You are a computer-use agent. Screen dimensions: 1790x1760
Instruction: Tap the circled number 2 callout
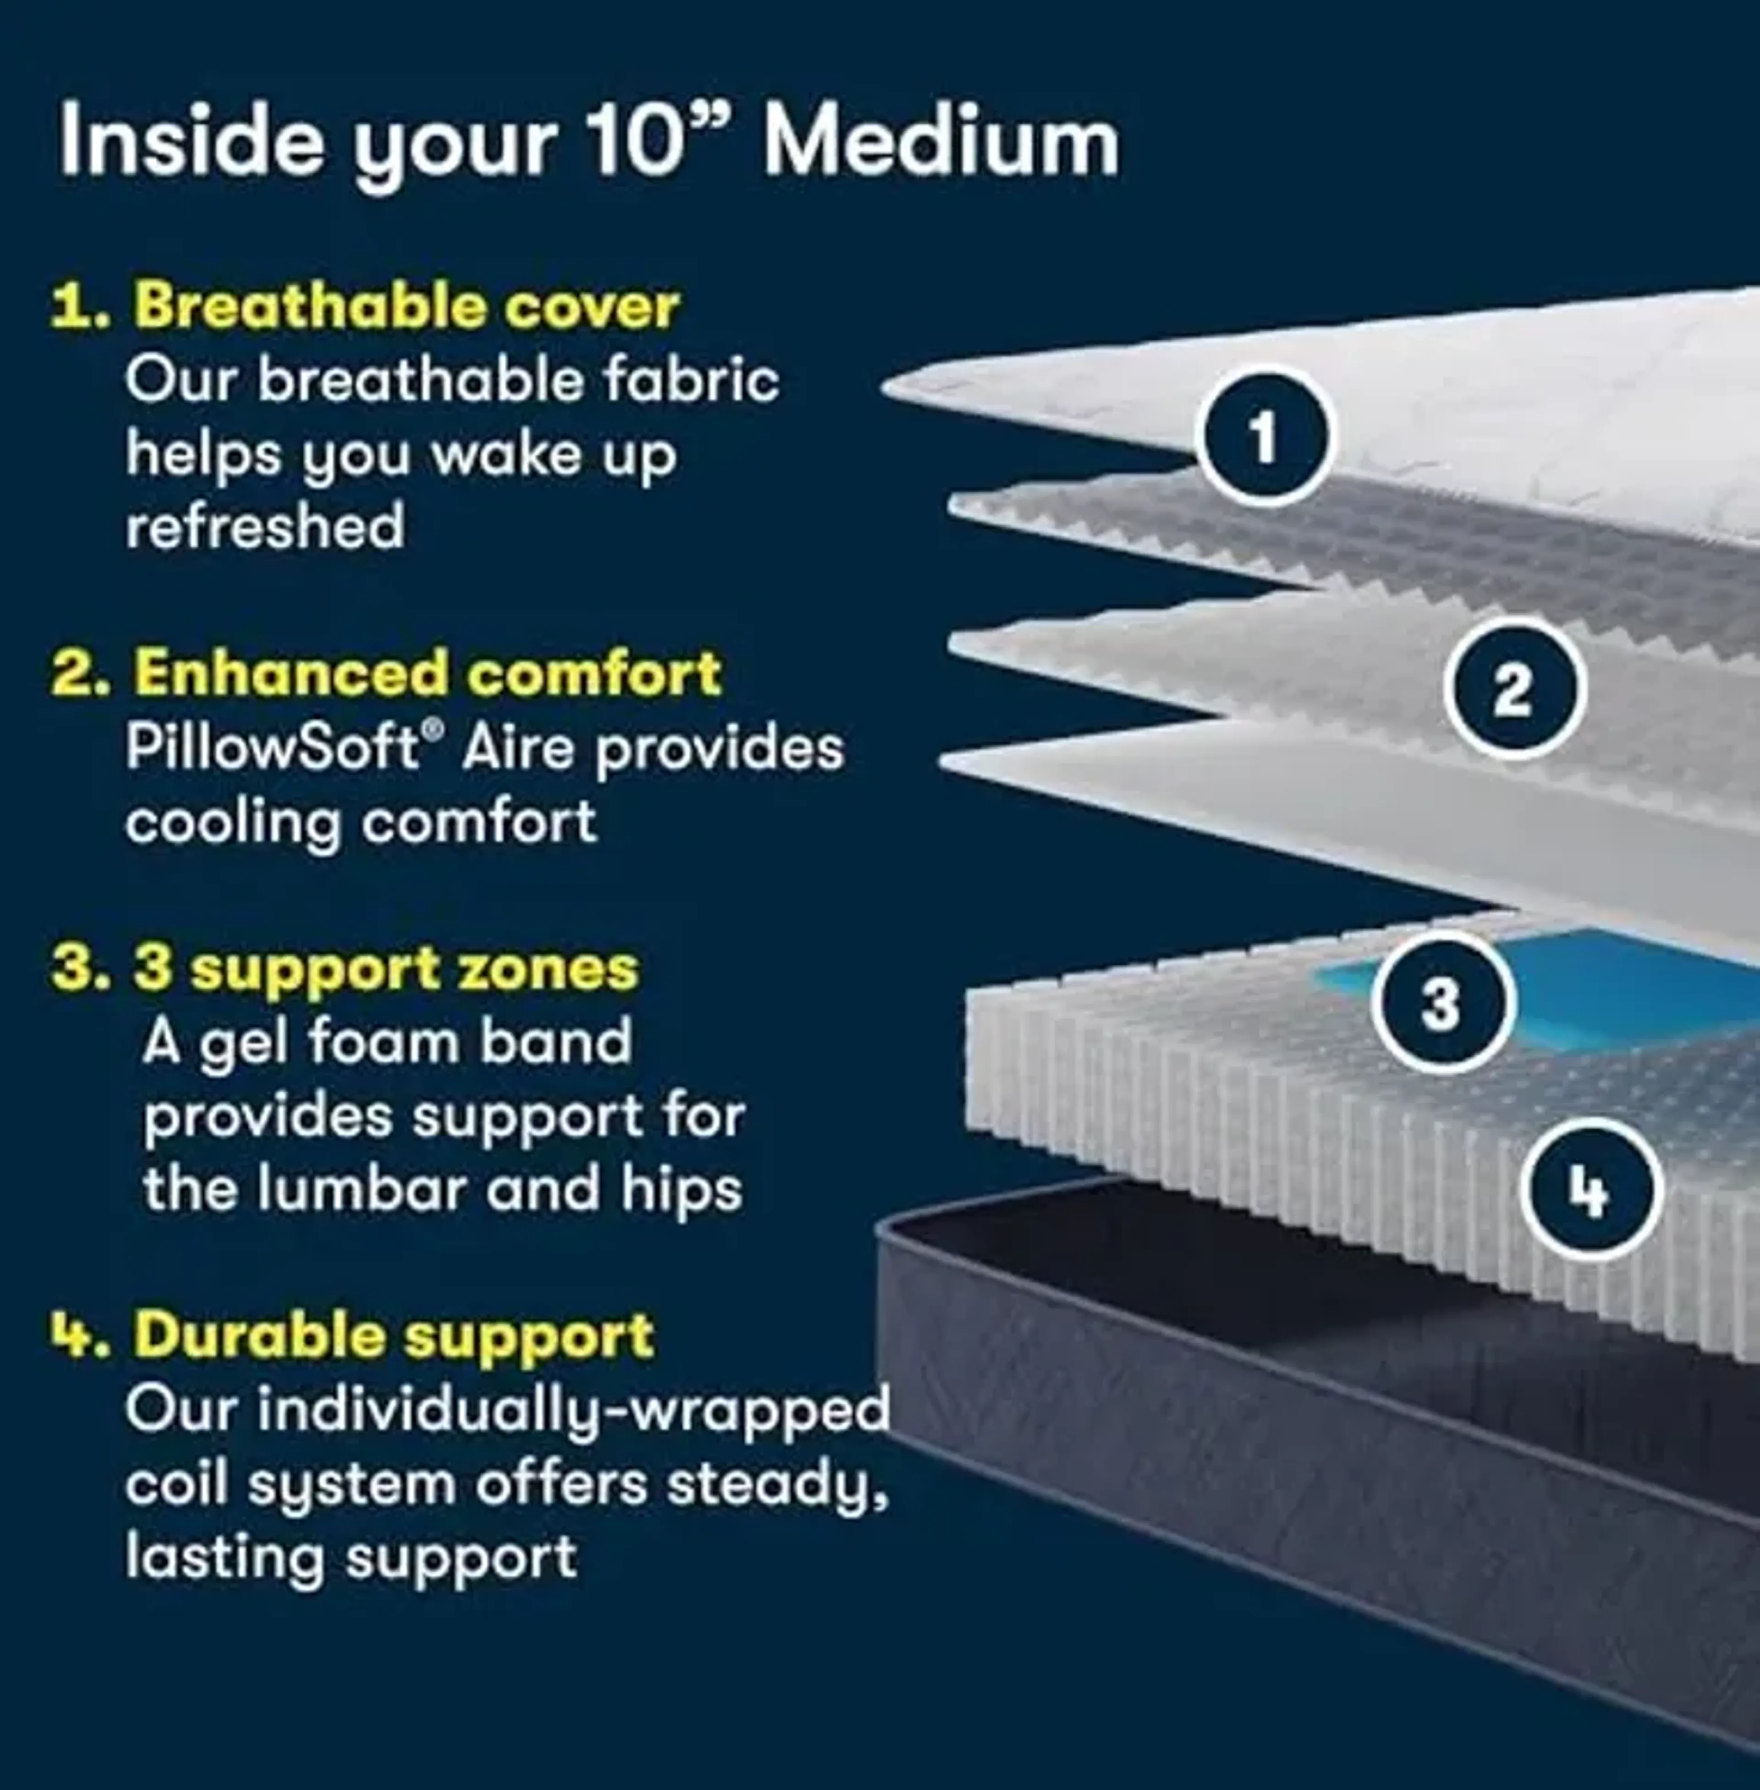[x=1513, y=690]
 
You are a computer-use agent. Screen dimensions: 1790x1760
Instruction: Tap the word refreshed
[x=265, y=526]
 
